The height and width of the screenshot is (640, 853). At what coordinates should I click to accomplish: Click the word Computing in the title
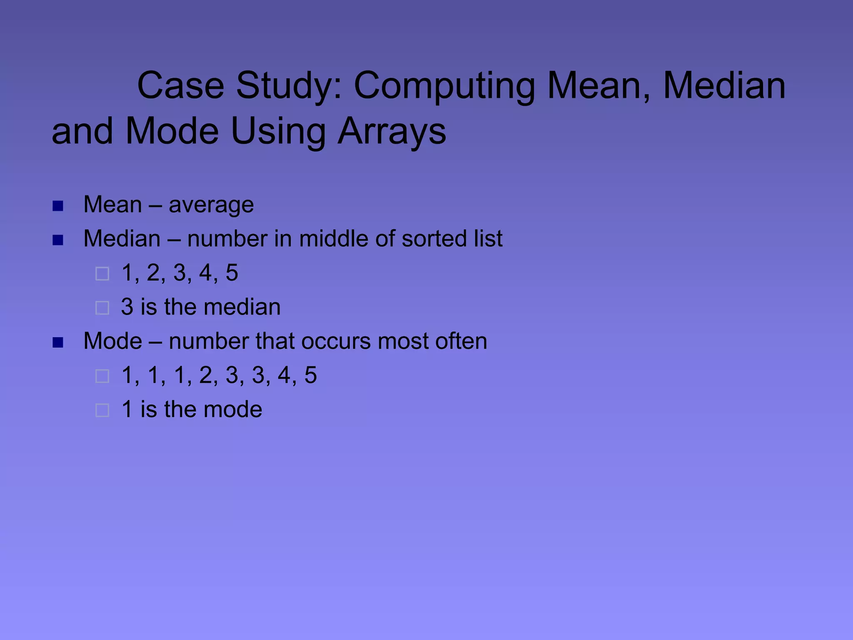coord(444,86)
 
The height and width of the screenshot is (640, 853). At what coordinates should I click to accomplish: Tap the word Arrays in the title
coord(392,131)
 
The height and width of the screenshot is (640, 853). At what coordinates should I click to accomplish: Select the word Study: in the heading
coord(289,86)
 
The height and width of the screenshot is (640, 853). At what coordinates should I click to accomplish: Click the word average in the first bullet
coord(211,205)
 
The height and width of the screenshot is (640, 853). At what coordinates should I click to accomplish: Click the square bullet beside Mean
coord(58,206)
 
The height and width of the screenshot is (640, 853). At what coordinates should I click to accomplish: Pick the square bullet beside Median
coord(58,240)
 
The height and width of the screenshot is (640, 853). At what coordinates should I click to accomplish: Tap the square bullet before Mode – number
coord(58,342)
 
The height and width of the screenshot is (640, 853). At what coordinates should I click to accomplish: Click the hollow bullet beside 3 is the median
coord(102,308)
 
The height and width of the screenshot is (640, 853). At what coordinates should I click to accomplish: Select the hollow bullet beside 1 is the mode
coord(102,410)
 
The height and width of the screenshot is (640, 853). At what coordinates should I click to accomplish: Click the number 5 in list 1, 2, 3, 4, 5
coord(232,273)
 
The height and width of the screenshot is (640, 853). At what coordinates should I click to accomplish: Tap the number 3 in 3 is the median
coord(127,307)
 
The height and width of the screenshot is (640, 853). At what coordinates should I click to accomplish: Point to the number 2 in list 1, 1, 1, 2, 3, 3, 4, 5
coord(205,375)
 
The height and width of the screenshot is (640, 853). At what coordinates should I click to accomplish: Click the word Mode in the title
coord(172,131)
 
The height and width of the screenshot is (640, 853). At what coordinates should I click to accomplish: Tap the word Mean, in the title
coord(599,86)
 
